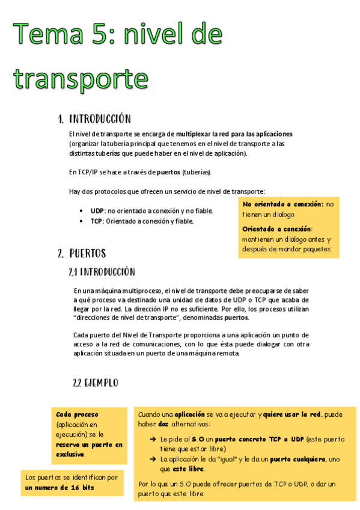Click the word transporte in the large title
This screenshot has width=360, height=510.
tap(81, 79)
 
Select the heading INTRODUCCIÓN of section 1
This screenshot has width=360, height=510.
tap(100, 118)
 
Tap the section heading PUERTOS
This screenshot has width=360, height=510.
tap(88, 253)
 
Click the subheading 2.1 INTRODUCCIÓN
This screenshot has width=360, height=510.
tap(102, 272)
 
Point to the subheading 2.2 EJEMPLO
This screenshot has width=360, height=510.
tap(96, 382)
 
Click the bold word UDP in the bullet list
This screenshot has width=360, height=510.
tap(98, 211)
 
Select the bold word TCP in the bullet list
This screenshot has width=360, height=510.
tap(97, 221)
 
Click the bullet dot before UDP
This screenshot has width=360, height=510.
tap(82, 211)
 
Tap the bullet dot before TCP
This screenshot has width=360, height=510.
tap(82, 221)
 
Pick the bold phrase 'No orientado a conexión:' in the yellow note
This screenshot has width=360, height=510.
tap(283, 204)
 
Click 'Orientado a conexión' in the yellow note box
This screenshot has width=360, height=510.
tap(276, 229)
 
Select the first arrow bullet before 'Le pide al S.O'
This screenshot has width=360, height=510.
tap(153, 439)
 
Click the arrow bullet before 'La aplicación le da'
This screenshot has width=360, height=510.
tap(153, 459)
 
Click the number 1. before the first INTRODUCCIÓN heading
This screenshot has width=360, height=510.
tap(61, 118)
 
